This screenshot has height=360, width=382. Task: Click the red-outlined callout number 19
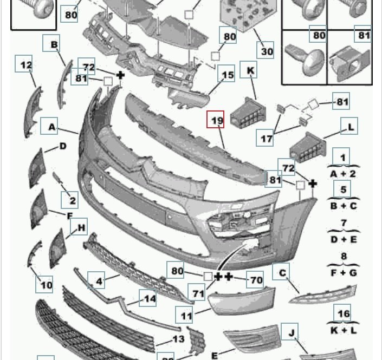tap(215, 119)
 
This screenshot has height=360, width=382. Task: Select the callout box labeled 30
tap(266, 50)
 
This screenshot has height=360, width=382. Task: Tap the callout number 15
tap(226, 73)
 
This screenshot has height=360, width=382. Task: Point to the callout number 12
tap(24, 63)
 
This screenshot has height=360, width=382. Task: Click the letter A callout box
tap(49, 126)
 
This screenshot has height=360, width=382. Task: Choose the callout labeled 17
tap(265, 138)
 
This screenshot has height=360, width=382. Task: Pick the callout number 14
tap(148, 298)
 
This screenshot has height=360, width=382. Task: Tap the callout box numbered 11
tap(184, 315)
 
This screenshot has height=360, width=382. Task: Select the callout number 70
tap(255, 279)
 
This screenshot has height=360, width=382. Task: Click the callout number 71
tap(197, 292)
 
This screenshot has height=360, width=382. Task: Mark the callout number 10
tap(44, 285)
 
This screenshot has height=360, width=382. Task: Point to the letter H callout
tap(79, 227)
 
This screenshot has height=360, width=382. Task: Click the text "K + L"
tap(344, 330)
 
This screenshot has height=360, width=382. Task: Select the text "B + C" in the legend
tap(344, 206)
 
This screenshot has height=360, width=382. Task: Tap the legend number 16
tap(342, 312)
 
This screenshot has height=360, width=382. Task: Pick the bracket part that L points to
tap(307, 148)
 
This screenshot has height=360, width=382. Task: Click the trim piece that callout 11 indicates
tap(242, 300)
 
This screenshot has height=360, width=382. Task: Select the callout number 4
tap(96, 280)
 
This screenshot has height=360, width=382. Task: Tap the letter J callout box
tap(289, 331)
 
